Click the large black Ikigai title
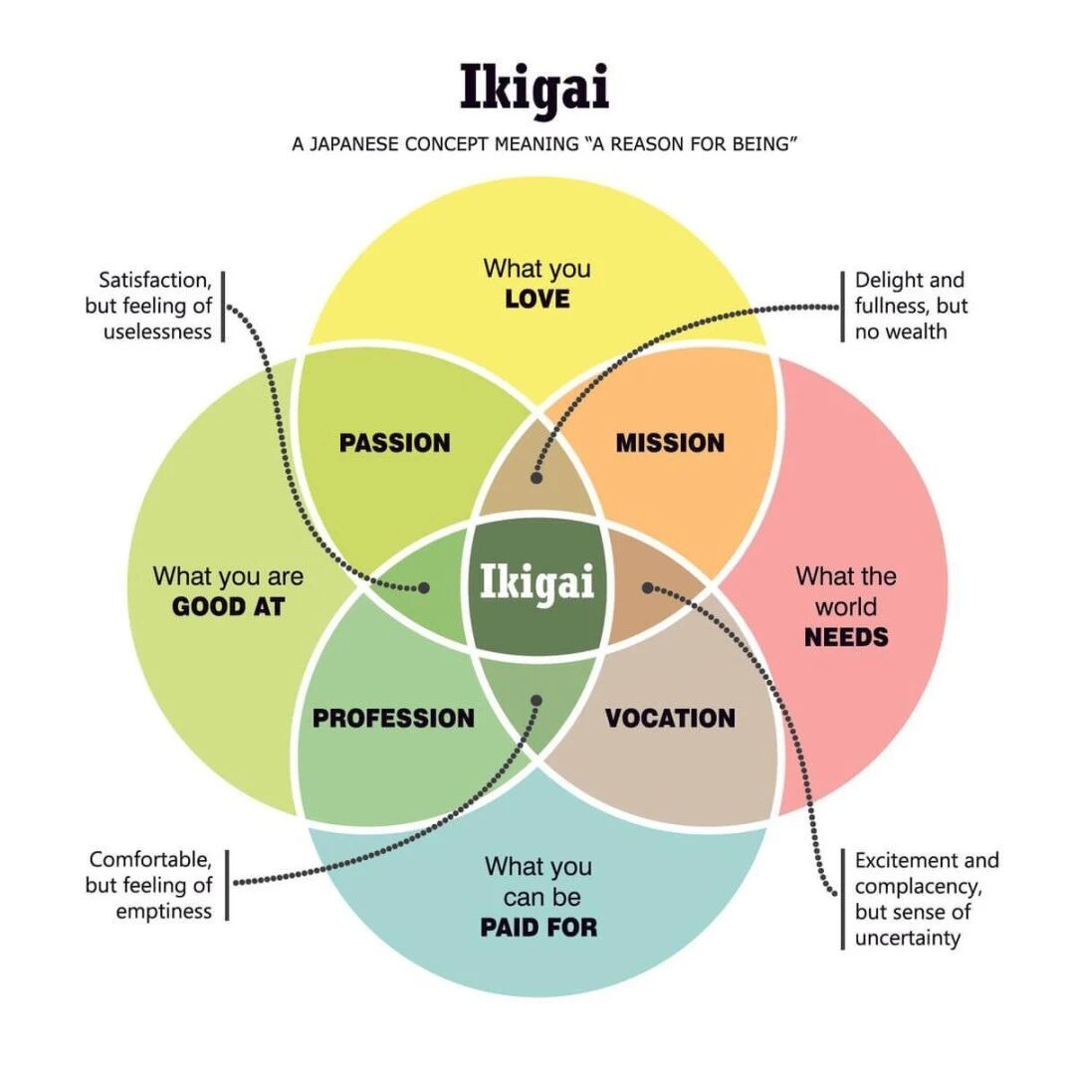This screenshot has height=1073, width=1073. click(535, 88)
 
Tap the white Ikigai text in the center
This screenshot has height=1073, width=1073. click(536, 581)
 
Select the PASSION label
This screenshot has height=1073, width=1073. click(395, 443)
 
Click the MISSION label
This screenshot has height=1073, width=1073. click(670, 443)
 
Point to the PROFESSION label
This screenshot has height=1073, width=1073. click(393, 718)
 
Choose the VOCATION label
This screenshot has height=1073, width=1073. click(670, 718)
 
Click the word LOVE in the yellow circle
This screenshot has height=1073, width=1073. click(536, 299)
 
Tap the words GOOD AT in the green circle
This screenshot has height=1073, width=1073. click(228, 606)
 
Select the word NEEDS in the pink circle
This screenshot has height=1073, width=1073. click(846, 637)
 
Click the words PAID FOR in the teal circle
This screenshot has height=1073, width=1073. click(538, 928)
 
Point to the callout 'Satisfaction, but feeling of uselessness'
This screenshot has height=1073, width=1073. click(154, 306)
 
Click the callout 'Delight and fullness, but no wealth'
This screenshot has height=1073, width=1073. click(911, 306)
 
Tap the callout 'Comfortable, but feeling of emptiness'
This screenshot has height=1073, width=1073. click(150, 885)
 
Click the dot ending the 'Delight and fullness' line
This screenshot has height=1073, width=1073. click(536, 478)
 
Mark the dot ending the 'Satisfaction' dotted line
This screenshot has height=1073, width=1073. click(425, 588)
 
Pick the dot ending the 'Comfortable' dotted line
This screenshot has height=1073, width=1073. click(536, 700)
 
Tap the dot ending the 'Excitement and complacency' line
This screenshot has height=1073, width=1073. click(647, 588)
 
